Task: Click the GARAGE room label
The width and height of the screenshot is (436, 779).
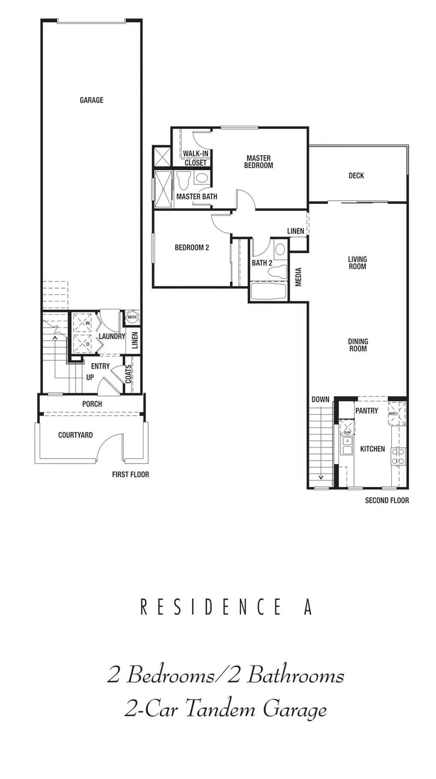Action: [91, 100]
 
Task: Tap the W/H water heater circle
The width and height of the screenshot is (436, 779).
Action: [132, 317]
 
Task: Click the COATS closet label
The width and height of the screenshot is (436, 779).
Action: [129, 374]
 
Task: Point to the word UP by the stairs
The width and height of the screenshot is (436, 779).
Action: [90, 377]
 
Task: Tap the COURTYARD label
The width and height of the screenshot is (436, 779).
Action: [75, 435]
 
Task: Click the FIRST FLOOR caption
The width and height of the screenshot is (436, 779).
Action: [130, 474]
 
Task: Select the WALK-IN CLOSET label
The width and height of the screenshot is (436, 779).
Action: [196, 158]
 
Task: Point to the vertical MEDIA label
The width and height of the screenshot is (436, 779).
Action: [298, 277]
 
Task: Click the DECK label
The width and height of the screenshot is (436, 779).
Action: [356, 175]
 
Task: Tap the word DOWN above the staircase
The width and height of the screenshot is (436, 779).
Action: [320, 399]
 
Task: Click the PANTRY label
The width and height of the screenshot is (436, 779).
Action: [366, 410]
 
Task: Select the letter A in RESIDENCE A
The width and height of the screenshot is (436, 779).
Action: [308, 607]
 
